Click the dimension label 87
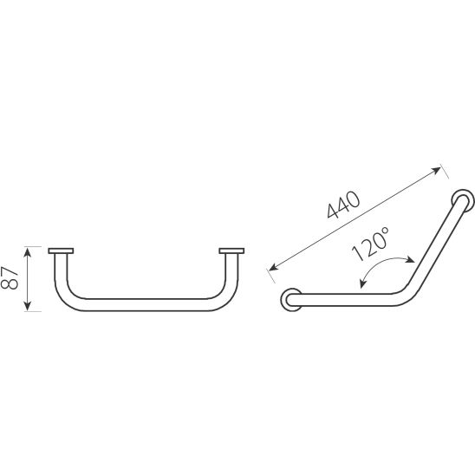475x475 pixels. tap(10, 277)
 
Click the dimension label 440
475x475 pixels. tap(343, 205)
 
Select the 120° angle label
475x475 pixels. tap(370, 244)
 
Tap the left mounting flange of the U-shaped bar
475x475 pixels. tap(61, 251)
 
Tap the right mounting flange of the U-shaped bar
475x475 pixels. tap(231, 251)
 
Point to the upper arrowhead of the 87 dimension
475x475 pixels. tap(27, 251)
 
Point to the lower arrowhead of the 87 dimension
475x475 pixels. tap(27, 306)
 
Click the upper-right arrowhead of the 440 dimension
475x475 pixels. tap(437, 170)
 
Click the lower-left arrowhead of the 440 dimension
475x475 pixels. tap(273, 267)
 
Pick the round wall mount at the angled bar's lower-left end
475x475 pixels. tap(291, 300)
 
